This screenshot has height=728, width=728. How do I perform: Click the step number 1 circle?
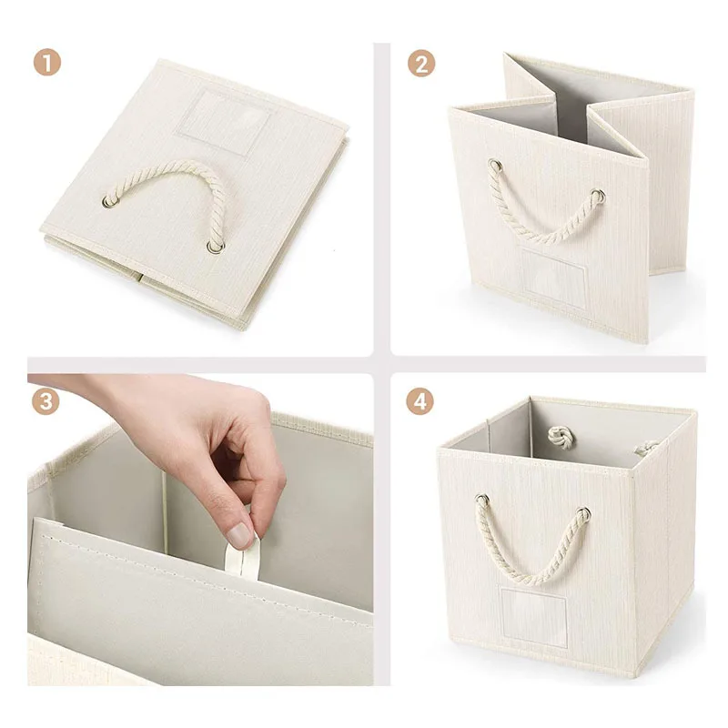coord(47,62)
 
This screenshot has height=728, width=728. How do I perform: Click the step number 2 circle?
coord(421,64)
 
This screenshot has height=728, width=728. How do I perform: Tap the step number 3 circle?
coord(45,401)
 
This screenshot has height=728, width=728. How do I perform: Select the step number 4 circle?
coord(420,401)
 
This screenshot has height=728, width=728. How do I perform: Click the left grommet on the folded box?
coord(110,201)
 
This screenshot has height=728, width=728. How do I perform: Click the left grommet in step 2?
coord(495,166)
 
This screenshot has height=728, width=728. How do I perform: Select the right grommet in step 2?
coord(599,196)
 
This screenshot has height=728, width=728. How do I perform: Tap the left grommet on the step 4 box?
coord(482,500)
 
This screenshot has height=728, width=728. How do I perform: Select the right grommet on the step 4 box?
coord(583,514)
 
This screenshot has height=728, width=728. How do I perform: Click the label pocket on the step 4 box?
coord(534,617)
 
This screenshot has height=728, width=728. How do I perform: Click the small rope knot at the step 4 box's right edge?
coord(647,448)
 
